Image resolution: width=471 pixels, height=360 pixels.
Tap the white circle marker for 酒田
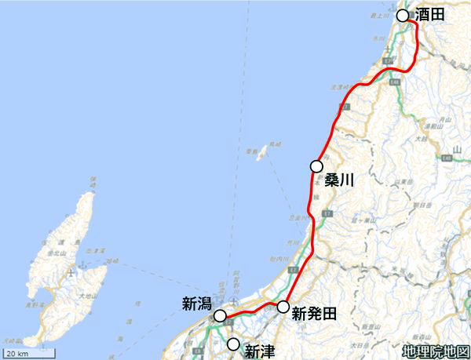click(403, 16)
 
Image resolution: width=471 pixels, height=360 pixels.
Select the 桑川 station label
click(339, 180)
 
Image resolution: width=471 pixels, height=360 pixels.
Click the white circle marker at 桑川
click(316, 166)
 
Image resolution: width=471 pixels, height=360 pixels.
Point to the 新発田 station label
click(314, 315)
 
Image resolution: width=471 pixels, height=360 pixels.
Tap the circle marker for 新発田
click(283, 307)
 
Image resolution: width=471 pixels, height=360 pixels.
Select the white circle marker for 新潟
click(221, 316)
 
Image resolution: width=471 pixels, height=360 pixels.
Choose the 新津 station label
click(260, 351)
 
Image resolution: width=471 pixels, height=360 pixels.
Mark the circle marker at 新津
click(233, 344)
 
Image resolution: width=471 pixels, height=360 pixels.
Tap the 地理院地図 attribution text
click(434, 351)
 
